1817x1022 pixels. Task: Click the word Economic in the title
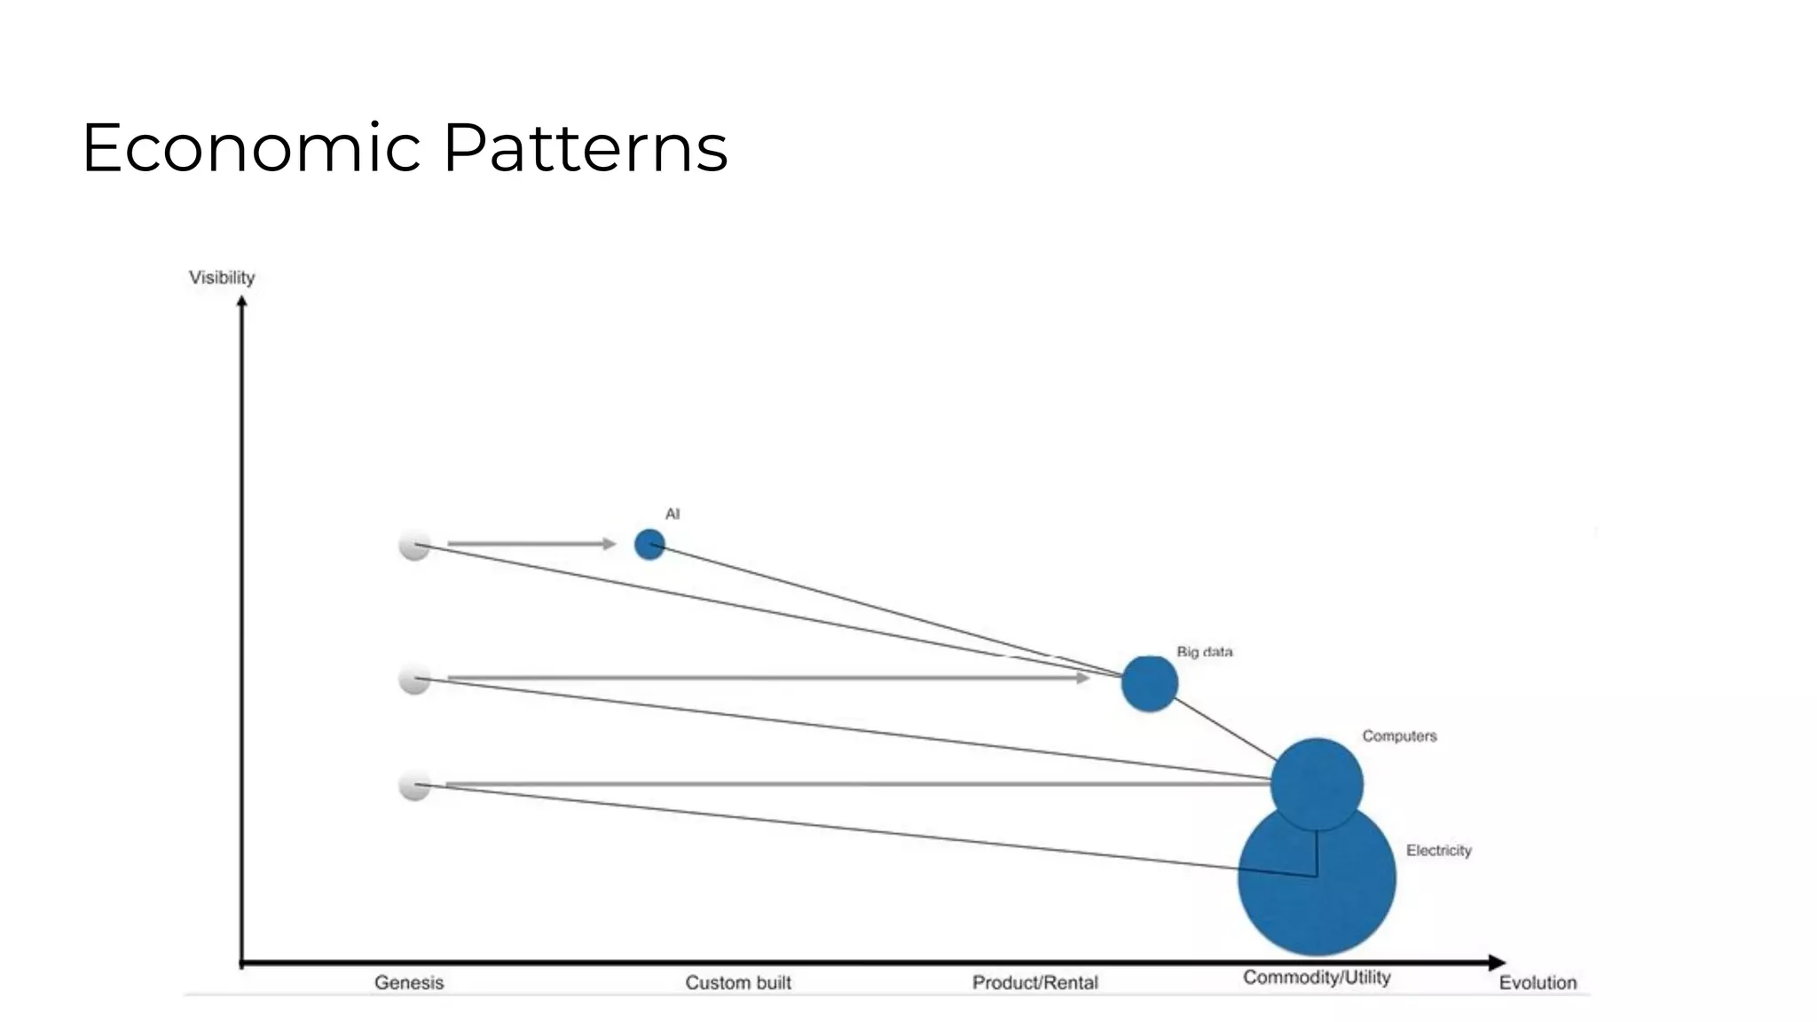(x=251, y=147)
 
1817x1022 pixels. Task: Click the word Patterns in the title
(x=586, y=147)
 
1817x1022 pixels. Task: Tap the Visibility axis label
(x=222, y=278)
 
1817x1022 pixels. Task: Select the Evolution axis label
(x=1538, y=983)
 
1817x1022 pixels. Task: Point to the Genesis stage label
(x=409, y=983)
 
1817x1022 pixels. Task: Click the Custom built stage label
(x=738, y=983)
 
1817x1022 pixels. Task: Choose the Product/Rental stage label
(x=1034, y=983)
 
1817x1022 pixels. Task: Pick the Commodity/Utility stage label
(x=1317, y=978)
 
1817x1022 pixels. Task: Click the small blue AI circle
(x=649, y=545)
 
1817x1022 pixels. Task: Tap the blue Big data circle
(x=1149, y=684)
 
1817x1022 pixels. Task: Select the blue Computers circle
(x=1317, y=782)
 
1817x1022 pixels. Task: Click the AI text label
(x=673, y=515)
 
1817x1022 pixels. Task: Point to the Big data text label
(x=1204, y=652)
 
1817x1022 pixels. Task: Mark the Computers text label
(x=1399, y=736)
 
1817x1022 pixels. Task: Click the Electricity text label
(x=1438, y=851)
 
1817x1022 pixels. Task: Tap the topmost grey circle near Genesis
(x=414, y=545)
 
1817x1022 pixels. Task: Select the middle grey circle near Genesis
(x=414, y=680)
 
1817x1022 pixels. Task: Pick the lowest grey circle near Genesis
(x=414, y=785)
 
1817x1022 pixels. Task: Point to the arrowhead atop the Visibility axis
(x=241, y=302)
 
